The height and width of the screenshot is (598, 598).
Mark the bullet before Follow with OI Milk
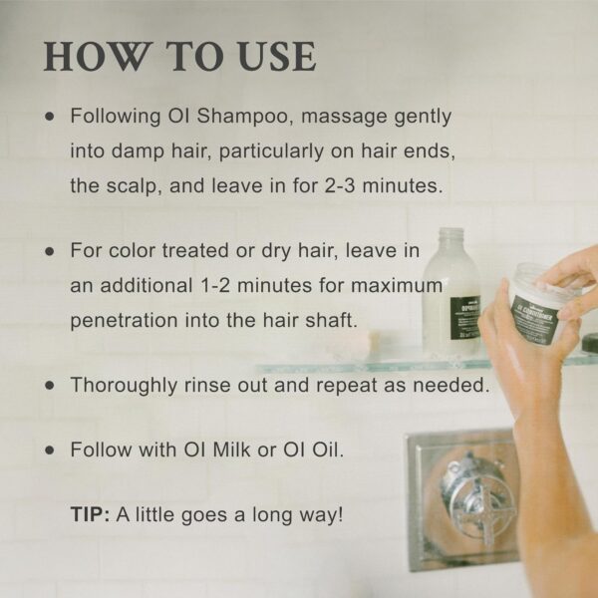click(50, 449)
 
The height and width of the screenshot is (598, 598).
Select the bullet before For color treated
click(50, 252)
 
